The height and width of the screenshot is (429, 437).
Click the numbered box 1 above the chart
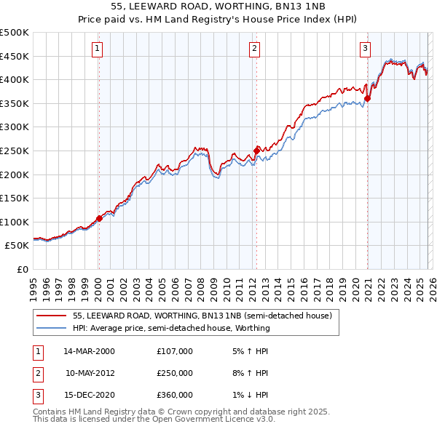pyautogui.click(x=98, y=49)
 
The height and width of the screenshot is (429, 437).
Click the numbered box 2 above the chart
pyautogui.click(x=254, y=49)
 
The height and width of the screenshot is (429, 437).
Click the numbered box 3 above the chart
pyautogui.click(x=365, y=49)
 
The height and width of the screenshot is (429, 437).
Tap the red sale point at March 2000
pyautogui.click(x=99, y=218)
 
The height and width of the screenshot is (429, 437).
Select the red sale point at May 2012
pyautogui.click(x=256, y=151)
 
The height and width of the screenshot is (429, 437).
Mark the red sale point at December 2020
pyautogui.click(x=368, y=98)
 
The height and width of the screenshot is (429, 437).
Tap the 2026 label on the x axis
pyautogui.click(x=431, y=283)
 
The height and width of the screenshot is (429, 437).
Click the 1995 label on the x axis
pyautogui.click(x=34, y=283)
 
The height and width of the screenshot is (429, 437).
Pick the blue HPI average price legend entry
pyautogui.click(x=171, y=328)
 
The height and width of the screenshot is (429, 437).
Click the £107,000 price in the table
pyautogui.click(x=175, y=351)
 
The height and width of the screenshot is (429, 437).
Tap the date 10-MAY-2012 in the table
pyautogui.click(x=90, y=373)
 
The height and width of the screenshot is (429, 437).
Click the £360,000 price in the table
pyautogui.click(x=175, y=395)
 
